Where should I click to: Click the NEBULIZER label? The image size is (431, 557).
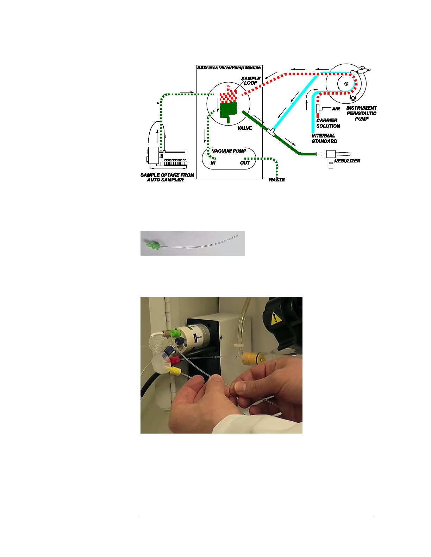point(347,161)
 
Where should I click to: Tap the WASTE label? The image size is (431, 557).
point(276,180)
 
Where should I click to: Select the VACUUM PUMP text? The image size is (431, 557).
point(229,151)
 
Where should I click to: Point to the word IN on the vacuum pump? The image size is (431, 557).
point(213,163)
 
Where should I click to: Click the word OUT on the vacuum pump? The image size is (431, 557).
point(245,163)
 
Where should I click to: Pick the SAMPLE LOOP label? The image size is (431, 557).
point(251,81)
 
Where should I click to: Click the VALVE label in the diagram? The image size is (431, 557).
point(244,128)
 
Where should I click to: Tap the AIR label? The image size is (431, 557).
point(336,109)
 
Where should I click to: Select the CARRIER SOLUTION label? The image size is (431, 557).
point(328,123)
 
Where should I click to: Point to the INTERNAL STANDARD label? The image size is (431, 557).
point(324,138)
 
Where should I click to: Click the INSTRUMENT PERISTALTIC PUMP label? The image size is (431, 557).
point(362,113)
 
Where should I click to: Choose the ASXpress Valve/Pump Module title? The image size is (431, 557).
point(229,68)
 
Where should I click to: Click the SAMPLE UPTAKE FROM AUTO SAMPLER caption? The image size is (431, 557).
point(167,177)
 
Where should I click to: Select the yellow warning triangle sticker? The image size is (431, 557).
point(276,318)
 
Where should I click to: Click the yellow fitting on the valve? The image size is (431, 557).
point(175,371)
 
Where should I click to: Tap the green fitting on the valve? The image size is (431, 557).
point(175,333)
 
